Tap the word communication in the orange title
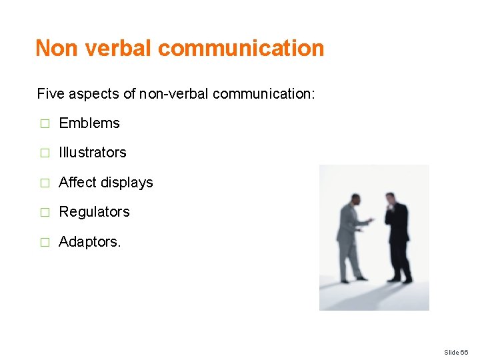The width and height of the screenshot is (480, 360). [x=241, y=48]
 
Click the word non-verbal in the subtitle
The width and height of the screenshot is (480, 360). [x=175, y=94]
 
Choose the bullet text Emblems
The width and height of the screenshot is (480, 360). [x=89, y=123]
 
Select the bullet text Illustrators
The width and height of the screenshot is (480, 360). [x=93, y=153]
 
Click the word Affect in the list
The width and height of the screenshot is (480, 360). [x=77, y=182]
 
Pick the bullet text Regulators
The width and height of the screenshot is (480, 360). [x=95, y=212]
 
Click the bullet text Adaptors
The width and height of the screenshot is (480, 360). [x=90, y=241]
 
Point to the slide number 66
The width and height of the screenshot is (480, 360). [x=456, y=352]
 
